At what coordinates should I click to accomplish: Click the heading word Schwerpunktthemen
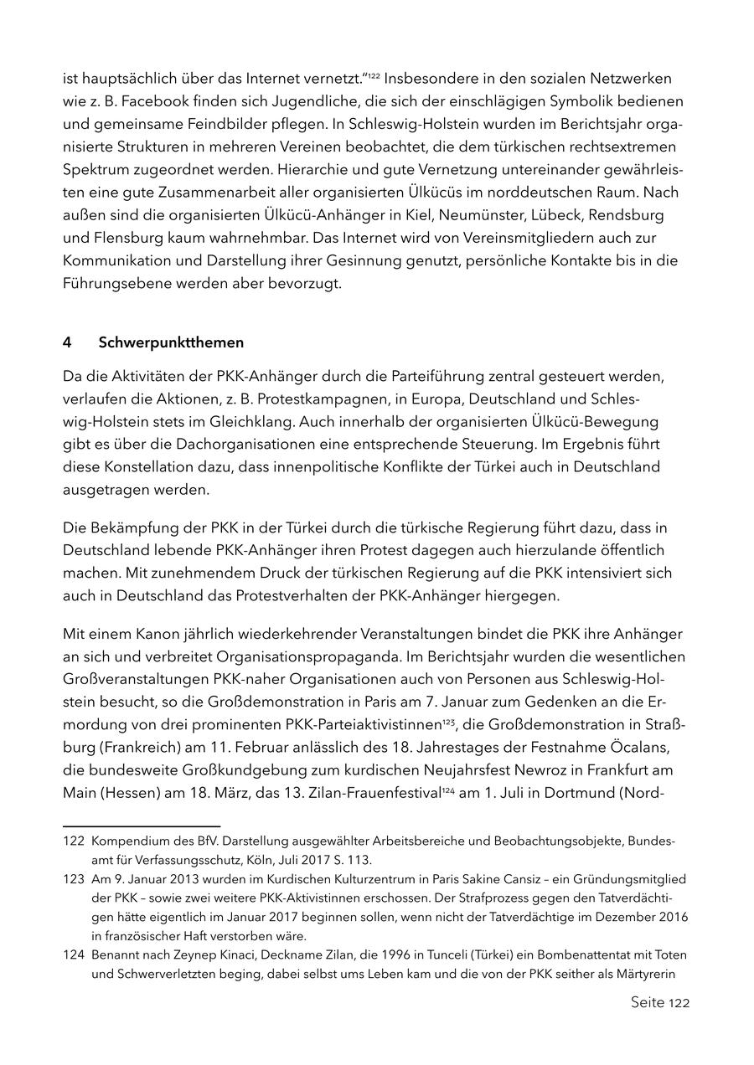(171, 342)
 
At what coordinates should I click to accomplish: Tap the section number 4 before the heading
(67, 342)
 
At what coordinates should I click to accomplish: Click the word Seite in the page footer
(648, 1002)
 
